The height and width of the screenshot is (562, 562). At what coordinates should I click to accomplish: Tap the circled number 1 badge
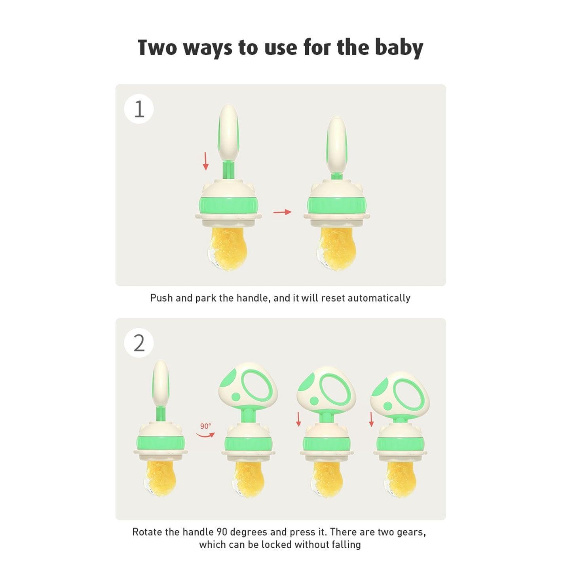tap(139, 109)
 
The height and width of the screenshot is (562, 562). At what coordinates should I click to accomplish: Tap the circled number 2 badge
tap(139, 343)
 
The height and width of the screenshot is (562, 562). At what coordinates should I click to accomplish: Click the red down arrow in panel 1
tap(205, 161)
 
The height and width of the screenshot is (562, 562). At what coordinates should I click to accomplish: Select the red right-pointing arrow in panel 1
tap(282, 212)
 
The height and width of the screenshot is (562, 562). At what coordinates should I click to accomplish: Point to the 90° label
tap(206, 426)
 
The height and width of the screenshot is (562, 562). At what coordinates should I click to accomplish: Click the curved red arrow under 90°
tap(205, 435)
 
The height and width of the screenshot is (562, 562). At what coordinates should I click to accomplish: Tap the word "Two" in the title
tap(157, 47)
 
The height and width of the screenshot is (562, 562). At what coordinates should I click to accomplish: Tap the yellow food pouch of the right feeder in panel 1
tap(335, 246)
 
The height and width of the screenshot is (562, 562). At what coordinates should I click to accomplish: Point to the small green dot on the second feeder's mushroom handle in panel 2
tap(235, 397)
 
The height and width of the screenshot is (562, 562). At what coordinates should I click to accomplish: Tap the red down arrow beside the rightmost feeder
tap(371, 420)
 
